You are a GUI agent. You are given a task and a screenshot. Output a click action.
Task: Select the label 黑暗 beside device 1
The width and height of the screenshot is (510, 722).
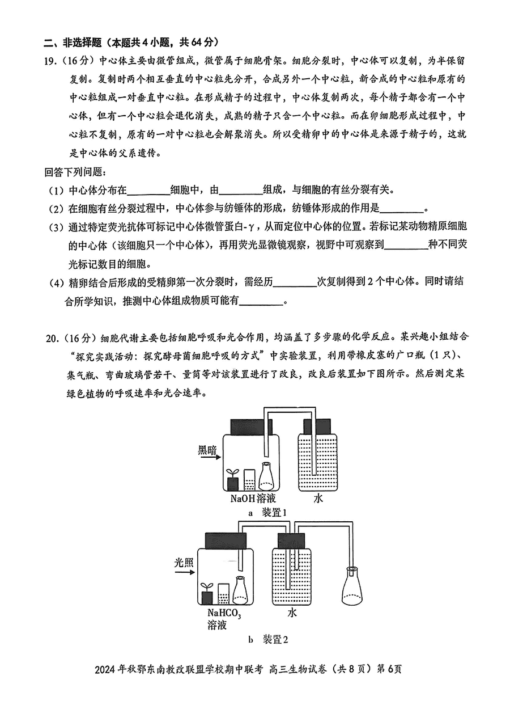click(x=207, y=450)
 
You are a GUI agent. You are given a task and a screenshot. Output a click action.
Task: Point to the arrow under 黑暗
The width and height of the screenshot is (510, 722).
click(x=210, y=457)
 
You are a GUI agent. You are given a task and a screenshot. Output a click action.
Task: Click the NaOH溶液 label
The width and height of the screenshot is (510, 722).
click(x=253, y=499)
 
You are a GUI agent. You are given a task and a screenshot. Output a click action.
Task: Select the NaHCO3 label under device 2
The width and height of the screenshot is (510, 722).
click(x=224, y=613)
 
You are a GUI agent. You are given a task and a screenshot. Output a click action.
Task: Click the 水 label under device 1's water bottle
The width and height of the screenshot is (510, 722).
click(x=318, y=499)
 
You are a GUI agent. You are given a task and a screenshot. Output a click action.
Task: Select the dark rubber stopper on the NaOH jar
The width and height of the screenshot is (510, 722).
click(x=252, y=427)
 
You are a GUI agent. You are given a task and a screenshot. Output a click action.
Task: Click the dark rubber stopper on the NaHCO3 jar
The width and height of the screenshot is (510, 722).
click(x=226, y=541)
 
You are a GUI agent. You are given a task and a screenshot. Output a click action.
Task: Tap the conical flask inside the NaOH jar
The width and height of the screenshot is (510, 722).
click(x=266, y=476)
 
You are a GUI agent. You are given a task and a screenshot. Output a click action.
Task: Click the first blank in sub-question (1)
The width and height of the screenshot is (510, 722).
click(x=148, y=191)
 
